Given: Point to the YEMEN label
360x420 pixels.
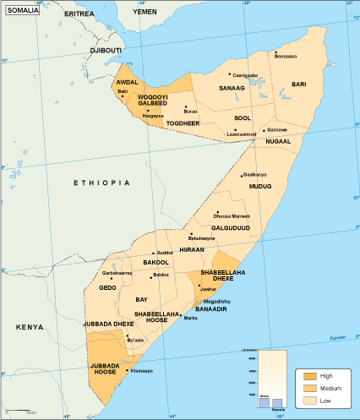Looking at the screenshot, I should pyautogui.click(x=145, y=13).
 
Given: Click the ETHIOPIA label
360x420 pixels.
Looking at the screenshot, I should pyautogui.click(x=101, y=183).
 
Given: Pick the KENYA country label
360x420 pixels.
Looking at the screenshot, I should pyautogui.click(x=30, y=326).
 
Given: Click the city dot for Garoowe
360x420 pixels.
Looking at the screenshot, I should pyautogui.click(x=264, y=130).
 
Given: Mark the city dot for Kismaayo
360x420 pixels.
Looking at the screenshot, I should pyautogui.click(x=127, y=370).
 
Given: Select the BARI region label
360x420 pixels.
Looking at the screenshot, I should pyautogui.click(x=299, y=85).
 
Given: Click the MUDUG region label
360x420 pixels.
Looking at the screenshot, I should pyautogui.click(x=259, y=186).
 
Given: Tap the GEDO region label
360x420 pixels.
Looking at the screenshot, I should pyautogui.click(x=107, y=288).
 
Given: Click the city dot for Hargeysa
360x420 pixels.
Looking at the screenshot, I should pyautogui.click(x=148, y=111).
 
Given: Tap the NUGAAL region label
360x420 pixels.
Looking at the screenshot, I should pyautogui.click(x=278, y=142).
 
